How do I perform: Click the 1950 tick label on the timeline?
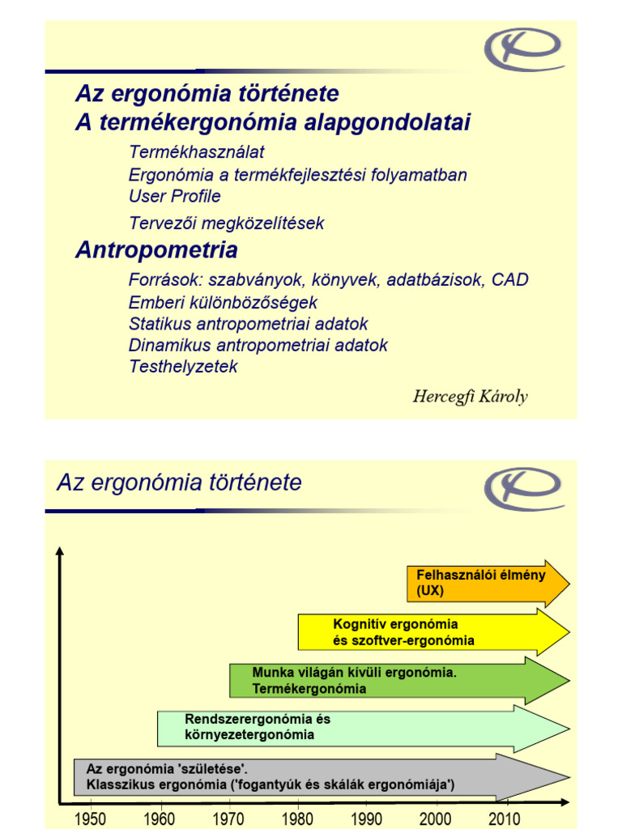pos(89,818)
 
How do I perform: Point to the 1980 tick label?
pos(299,818)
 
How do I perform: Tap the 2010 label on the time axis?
pos(504,818)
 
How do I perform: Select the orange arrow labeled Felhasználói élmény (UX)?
pos(486,583)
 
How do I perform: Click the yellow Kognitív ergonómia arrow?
pos(429,632)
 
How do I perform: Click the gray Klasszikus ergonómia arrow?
pos(316,776)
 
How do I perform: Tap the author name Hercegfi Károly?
pos(470,397)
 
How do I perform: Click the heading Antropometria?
pos(156,249)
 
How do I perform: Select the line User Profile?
pos(174,196)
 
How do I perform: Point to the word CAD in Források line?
pos(510,280)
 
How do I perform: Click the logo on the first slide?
pos(524,50)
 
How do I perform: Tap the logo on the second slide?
pos(524,489)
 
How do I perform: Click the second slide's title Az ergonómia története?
pos(179,483)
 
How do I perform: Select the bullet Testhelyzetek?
pos(183,366)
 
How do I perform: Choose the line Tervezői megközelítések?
pos(226,223)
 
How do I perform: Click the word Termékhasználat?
pos(196,152)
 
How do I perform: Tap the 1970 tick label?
pos(228,818)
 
